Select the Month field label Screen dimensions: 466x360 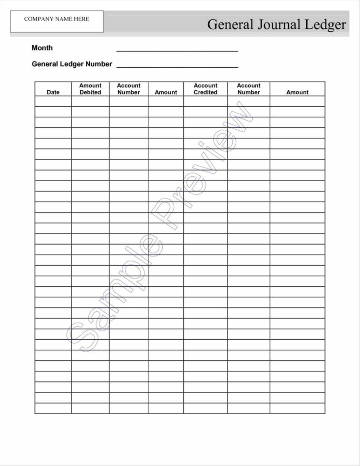point(42,48)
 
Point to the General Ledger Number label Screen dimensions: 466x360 point(72,64)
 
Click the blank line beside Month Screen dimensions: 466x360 point(177,49)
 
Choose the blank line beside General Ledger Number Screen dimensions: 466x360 point(177,66)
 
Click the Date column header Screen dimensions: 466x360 point(53,92)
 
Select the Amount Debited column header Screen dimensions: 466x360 point(90,89)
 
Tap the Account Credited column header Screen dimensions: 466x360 point(205,89)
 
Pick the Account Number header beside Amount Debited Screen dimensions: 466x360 point(129,89)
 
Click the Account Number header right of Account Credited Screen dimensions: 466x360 point(249,89)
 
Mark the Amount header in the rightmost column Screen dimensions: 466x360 point(298,92)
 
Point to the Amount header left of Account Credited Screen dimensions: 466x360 point(166,92)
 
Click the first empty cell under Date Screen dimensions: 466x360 point(53,101)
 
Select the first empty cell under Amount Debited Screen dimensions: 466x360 point(90,101)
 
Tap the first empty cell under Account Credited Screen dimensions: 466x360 point(205,101)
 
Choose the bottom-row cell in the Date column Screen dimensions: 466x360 point(53,408)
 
